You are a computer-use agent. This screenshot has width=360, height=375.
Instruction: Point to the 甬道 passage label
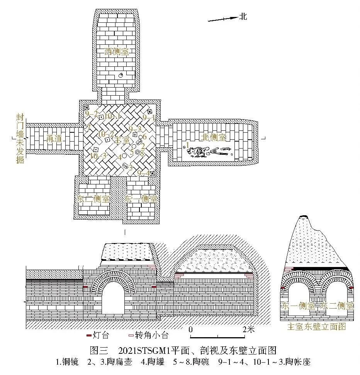click(54, 139)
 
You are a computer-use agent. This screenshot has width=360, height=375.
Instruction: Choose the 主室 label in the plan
click(121, 141)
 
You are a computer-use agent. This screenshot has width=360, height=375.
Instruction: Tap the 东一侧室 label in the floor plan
click(141, 199)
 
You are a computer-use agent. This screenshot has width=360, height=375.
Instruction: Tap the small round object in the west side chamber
click(120, 76)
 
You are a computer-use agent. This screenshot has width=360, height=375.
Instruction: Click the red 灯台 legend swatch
click(89, 335)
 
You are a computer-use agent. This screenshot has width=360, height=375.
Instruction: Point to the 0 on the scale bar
click(191, 329)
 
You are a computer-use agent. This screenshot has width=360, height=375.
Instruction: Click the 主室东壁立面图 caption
click(316, 327)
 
